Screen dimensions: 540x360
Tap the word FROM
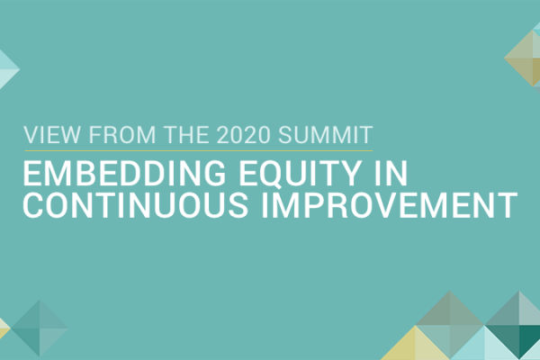click(x=122, y=134)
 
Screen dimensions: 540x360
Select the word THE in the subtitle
click(x=186, y=134)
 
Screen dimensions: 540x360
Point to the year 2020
click(x=244, y=134)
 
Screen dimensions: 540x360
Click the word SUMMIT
click(x=326, y=134)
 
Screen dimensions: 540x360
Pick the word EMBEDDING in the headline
click(x=124, y=173)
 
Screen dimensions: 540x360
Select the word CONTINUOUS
click(x=135, y=205)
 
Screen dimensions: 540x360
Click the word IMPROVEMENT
click(x=390, y=205)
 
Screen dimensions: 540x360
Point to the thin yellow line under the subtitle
click(x=198, y=150)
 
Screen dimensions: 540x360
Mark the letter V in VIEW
click(x=31, y=134)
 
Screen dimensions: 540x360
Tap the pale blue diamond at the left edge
click(x=7, y=69)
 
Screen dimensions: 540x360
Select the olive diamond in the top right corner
click(x=523, y=58)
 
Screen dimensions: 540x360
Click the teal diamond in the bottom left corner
click(x=40, y=328)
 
